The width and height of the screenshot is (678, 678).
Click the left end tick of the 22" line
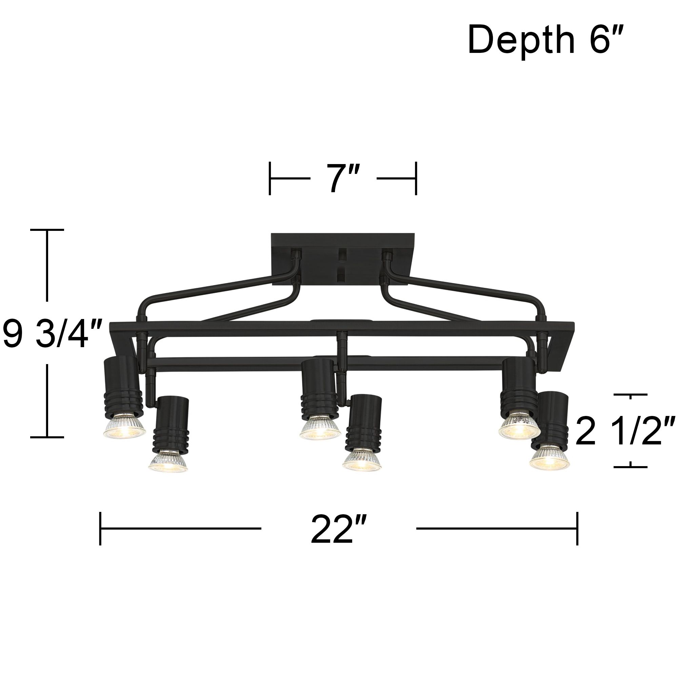click(100, 528)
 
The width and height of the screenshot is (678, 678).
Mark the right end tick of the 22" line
click(577, 528)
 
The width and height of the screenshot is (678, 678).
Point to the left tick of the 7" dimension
click(270, 178)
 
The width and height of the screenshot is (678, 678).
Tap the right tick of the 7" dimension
click(416, 178)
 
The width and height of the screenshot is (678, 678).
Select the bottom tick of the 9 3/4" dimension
click(47, 437)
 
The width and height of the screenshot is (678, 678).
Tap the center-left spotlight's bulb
click(320, 428)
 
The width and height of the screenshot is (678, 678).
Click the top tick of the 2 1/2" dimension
click(631, 395)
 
